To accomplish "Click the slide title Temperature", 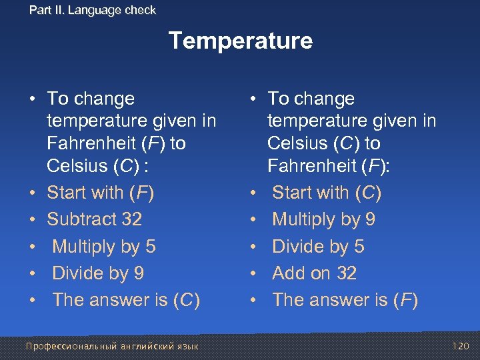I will pos(240,41).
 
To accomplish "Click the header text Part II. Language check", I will pos(93,10).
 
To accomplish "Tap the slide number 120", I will pos(460,346).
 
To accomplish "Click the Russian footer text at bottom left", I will pos(111,346).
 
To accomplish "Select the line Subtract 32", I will pos(94,219).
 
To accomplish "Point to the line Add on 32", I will pos(314,273).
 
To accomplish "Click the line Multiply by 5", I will pos(103,247).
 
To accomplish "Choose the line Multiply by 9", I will pos(323,219).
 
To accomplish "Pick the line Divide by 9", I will pos(98,273).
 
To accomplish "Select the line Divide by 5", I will pos(318,247).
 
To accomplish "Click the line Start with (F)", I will pos(100,193).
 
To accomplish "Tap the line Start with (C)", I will pos(327,193).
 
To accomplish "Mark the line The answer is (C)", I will pos(126,300).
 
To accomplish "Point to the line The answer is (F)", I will pos(345,300).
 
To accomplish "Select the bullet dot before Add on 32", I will pos(253,273).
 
